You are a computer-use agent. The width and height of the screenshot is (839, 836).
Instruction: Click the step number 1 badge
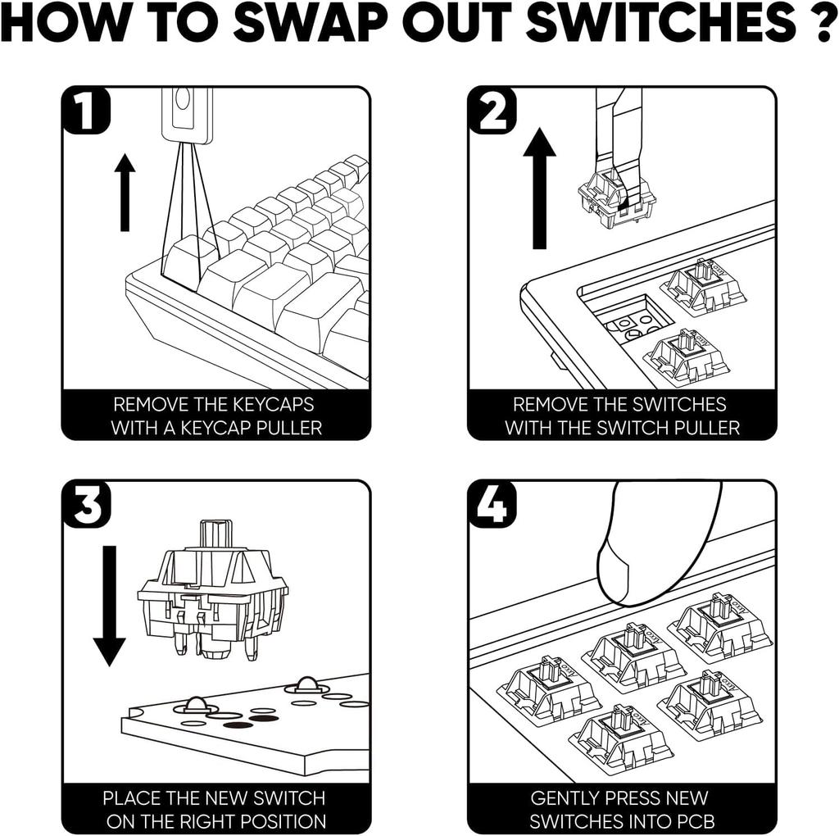[x=85, y=113]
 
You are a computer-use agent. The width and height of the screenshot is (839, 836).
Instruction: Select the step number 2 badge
[x=492, y=113]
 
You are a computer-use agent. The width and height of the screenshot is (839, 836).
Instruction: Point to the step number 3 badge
[x=85, y=507]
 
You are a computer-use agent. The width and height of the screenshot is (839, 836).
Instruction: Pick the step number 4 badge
[x=492, y=507]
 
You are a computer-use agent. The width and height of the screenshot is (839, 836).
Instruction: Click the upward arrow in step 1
[x=125, y=192]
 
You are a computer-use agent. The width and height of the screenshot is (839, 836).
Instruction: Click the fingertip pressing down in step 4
[x=647, y=545]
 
